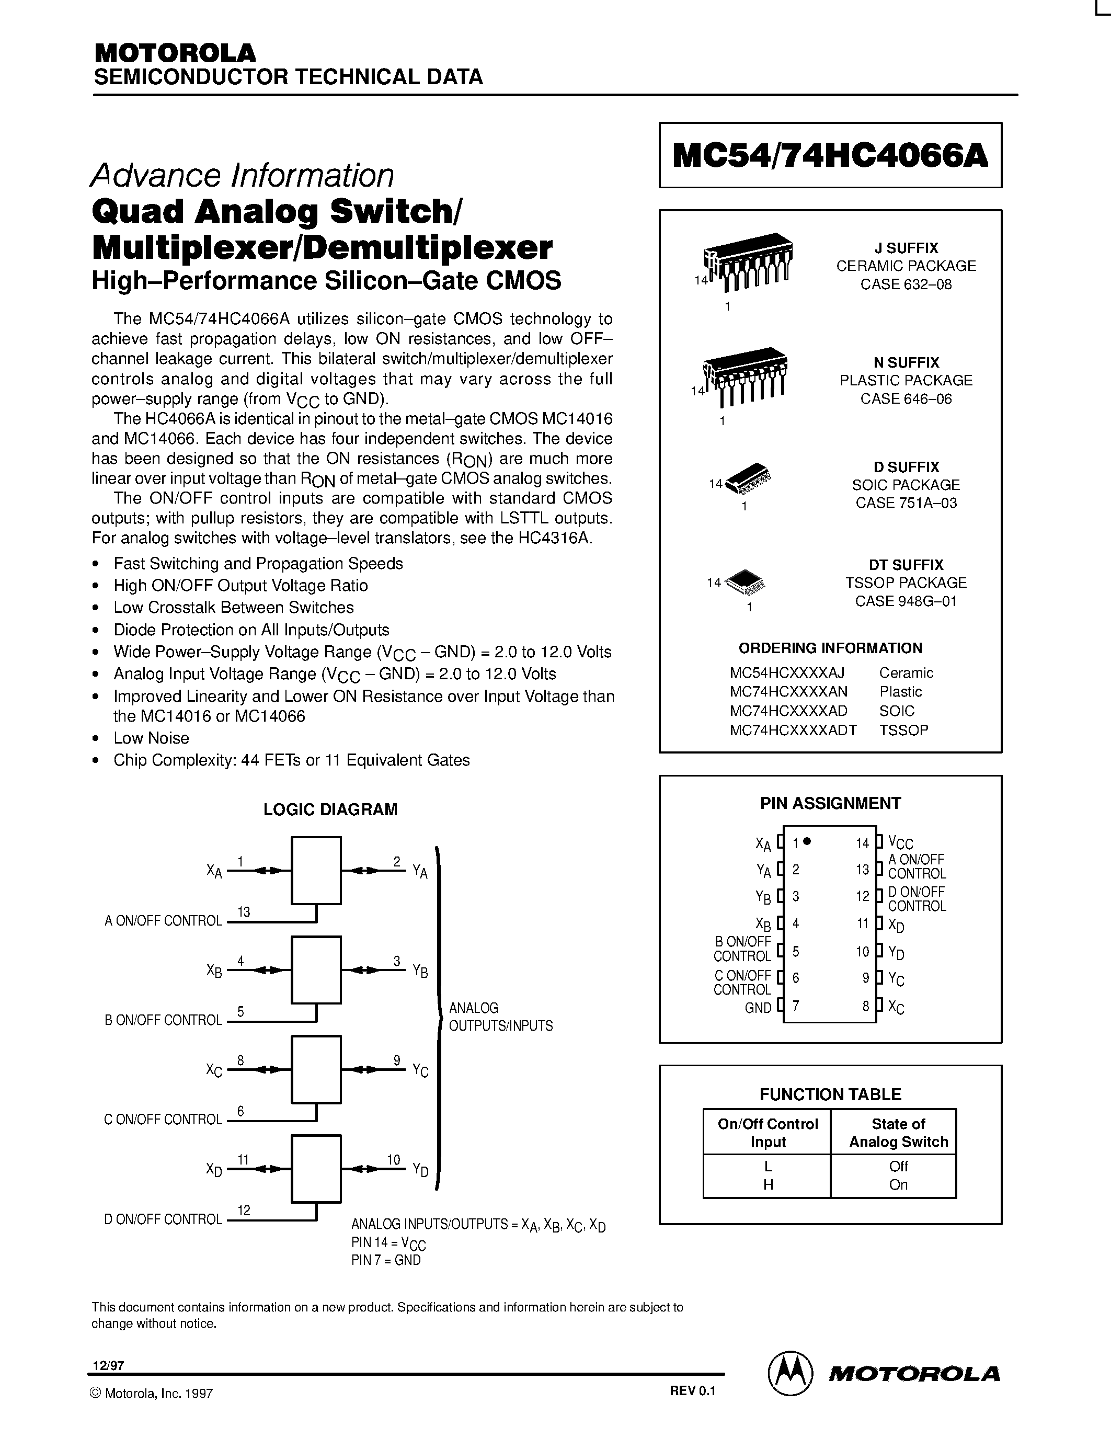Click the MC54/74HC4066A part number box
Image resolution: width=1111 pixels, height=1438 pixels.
click(830, 155)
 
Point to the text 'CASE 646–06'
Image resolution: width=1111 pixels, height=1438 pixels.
click(906, 399)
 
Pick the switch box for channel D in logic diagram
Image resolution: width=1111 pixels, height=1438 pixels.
click(316, 1169)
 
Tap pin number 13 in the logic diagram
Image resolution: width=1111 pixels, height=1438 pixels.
click(244, 912)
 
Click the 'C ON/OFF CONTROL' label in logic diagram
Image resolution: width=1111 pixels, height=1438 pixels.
click(163, 1120)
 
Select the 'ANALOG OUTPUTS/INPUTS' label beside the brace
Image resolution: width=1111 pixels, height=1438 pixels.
click(500, 1017)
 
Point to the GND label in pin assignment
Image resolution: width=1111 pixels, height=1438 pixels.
click(758, 1008)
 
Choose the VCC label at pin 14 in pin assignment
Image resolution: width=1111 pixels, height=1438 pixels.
click(900, 843)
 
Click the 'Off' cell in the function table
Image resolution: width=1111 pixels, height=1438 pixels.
click(898, 1167)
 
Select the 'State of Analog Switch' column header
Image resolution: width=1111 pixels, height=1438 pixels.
click(898, 1133)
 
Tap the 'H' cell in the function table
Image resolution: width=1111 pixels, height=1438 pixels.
click(768, 1185)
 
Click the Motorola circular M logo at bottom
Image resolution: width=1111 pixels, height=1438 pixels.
click(790, 1372)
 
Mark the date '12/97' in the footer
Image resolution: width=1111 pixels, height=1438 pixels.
click(109, 1365)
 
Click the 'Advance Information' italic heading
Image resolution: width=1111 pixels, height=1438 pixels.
click(242, 176)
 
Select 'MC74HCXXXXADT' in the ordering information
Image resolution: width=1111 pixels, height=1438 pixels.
click(793, 730)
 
